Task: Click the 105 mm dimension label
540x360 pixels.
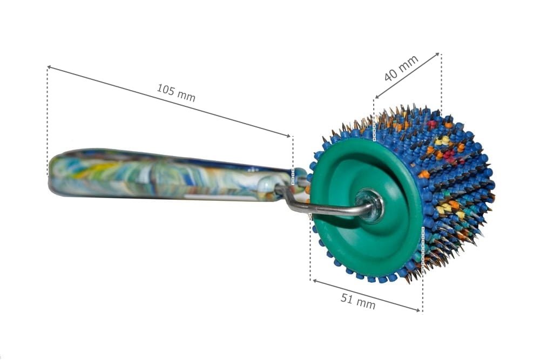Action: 176,93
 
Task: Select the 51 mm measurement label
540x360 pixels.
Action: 358,301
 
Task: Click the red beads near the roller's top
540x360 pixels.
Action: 433,124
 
